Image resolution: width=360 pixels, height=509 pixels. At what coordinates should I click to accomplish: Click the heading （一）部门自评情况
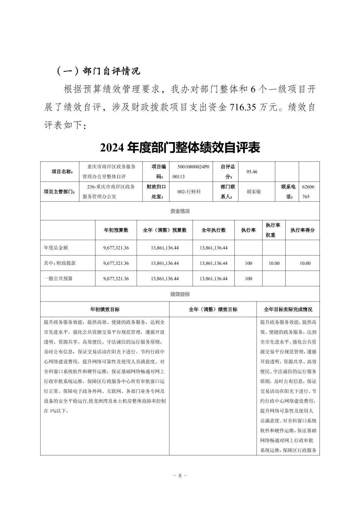click(98, 71)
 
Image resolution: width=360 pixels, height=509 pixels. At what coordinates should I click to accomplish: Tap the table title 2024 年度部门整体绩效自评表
click(180, 148)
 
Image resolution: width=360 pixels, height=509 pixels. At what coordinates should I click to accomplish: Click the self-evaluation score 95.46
click(252, 172)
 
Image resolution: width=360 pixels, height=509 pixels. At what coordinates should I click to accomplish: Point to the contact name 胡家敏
click(254, 192)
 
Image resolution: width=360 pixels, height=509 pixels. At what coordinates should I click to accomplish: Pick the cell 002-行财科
click(189, 192)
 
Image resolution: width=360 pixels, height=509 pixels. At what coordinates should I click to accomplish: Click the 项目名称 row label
click(62, 172)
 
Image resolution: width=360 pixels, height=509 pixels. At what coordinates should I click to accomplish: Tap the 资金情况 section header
click(180, 211)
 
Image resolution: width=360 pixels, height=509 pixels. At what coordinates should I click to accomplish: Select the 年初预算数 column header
click(116, 230)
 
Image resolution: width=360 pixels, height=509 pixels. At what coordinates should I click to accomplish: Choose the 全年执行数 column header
click(213, 230)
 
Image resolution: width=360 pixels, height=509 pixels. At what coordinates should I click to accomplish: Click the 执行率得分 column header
click(302, 230)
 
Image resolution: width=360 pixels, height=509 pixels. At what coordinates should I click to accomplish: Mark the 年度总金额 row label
click(56, 248)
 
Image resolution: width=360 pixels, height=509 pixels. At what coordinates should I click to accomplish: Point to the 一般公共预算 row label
click(58, 279)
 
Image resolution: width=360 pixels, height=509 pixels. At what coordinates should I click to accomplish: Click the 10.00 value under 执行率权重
click(274, 263)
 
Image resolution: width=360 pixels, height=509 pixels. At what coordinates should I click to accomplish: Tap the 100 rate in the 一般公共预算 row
click(248, 279)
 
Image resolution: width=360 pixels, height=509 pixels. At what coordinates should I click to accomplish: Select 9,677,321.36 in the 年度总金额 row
click(116, 248)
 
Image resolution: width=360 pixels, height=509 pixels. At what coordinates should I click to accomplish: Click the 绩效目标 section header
click(180, 294)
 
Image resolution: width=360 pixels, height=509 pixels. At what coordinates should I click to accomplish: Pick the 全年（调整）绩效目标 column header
click(213, 309)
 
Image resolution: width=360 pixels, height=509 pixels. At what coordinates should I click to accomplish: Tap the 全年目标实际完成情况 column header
click(288, 309)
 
